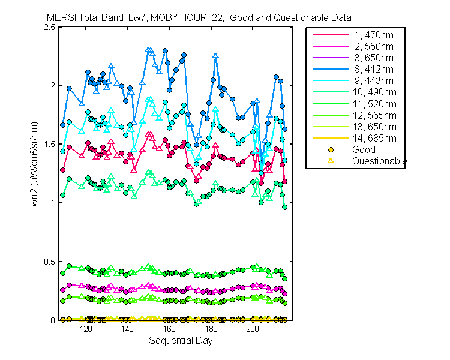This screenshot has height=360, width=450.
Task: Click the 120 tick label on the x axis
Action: [x=86, y=329]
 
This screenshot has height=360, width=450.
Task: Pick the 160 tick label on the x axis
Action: [x=169, y=329]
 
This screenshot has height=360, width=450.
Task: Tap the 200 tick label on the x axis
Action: [x=253, y=329]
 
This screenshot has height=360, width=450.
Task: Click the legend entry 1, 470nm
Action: [x=373, y=35]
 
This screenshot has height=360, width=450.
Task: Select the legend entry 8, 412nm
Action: [x=373, y=70]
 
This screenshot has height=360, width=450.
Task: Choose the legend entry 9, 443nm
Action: [x=373, y=81]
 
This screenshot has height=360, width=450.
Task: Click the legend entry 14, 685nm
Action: [x=373, y=138]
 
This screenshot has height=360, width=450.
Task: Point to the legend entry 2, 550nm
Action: [x=373, y=46]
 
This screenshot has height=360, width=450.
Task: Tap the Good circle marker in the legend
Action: [x=330, y=150]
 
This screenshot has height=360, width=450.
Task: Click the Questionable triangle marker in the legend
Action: [x=330, y=161]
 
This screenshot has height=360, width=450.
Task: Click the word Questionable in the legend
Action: [x=379, y=161]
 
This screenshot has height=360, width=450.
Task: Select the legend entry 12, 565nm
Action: [x=373, y=115]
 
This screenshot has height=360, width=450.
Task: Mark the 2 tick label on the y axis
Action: [x=53, y=86]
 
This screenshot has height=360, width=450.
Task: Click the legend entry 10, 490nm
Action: [x=373, y=92]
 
